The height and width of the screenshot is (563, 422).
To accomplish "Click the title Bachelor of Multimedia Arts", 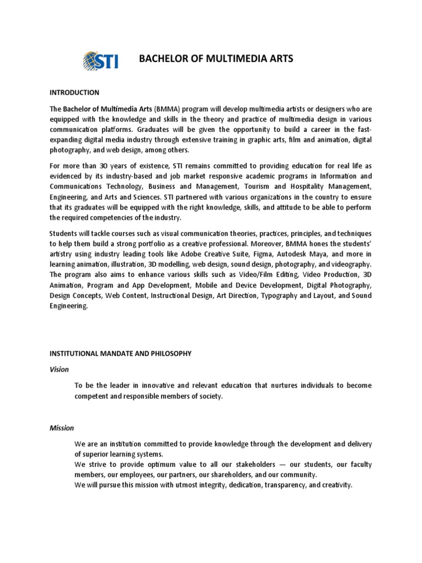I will click(215, 59).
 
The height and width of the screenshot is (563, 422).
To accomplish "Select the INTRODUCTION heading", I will click(74, 92).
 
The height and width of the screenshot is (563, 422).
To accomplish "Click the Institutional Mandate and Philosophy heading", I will click(120, 354).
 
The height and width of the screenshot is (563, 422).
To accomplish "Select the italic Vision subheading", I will click(59, 369).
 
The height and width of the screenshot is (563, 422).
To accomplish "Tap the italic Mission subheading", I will click(62, 427).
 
